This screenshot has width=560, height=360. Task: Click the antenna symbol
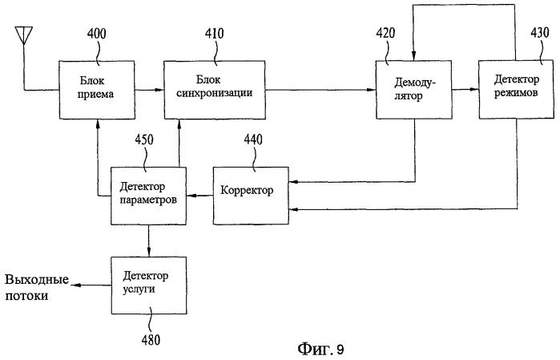coord(24,35)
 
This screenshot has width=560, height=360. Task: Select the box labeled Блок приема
coord(97,90)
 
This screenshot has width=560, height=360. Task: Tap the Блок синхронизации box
coord(215,90)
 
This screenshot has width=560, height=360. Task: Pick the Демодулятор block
coord(413,89)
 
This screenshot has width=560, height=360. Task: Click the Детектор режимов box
coord(517,89)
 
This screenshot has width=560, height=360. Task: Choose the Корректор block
coord(251,196)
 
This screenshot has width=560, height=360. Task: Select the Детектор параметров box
coord(148,196)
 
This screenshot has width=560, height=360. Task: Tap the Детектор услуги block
coord(148,285)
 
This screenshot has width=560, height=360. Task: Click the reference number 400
coord(97,34)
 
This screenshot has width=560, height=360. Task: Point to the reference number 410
coord(214,33)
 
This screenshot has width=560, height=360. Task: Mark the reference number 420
coord(385,33)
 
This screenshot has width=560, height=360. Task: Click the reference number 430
coord(540,33)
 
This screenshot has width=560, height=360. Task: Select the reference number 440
coord(253,140)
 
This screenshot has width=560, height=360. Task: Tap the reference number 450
coord(144,140)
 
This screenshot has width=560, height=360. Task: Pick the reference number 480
coord(151,340)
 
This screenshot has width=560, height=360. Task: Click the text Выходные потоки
coord(37,288)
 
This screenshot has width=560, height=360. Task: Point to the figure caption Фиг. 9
coord(320,349)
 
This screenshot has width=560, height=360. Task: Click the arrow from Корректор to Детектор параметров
coord(200,196)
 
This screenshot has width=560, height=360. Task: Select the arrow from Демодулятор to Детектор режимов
coord(465,89)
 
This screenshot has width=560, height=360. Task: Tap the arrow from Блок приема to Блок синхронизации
coord(149,90)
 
